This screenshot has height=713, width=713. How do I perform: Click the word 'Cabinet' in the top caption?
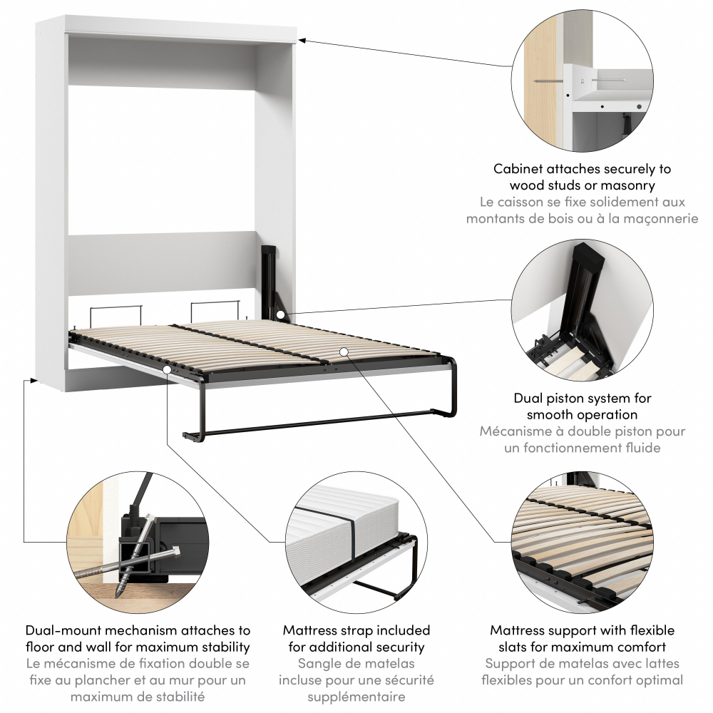pyautogui.click(x=518, y=169)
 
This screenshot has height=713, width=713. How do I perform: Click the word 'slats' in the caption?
pyautogui.click(x=514, y=647)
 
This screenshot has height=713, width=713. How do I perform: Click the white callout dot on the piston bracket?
pyautogui.click(x=280, y=314)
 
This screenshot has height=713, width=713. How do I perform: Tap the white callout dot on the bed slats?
pyautogui.click(x=344, y=351)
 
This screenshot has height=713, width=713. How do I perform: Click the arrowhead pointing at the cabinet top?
pyautogui.click(x=301, y=41)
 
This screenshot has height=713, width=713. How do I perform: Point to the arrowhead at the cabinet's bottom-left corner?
pyautogui.click(x=33, y=379)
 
